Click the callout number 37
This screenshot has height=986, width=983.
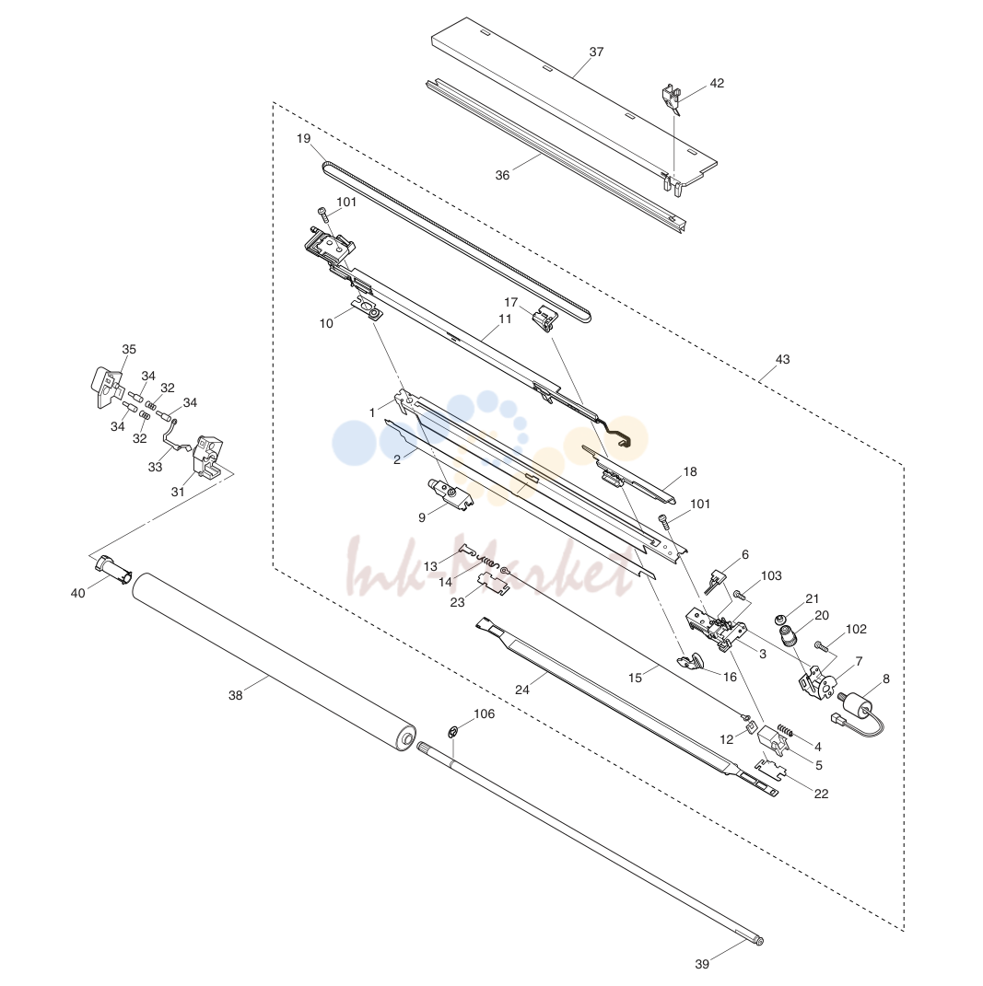coord(596,52)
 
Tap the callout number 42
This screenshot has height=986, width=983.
coord(717,84)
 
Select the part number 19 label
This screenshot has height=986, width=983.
coord(304,138)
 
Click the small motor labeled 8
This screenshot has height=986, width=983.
coord(860,706)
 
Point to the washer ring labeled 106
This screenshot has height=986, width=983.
coord(452,732)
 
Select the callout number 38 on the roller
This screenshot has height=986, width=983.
coord(235,695)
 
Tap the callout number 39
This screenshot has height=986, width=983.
coord(702,964)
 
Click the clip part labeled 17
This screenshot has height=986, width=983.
coord(545,317)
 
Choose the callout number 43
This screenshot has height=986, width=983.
coord(782,360)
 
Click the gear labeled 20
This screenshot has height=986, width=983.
coord(788,636)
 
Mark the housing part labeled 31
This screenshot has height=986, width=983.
coord(206,458)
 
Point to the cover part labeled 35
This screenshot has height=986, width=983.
coord(109,387)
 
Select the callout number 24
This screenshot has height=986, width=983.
coord(522,690)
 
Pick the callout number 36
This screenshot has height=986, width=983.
coord(502,176)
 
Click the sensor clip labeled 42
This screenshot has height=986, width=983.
coord(671,99)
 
